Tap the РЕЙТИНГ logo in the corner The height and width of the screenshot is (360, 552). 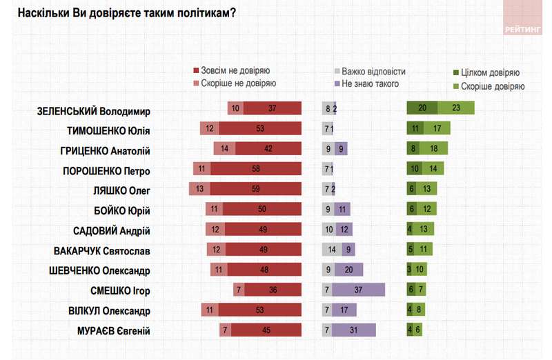[x=522, y=29]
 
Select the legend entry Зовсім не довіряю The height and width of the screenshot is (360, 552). [x=235, y=71]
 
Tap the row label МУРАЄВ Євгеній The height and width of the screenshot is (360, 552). [x=108, y=330]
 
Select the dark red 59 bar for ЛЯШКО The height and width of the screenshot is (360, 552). [x=256, y=189]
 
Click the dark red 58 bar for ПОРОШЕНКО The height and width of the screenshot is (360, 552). [x=256, y=169]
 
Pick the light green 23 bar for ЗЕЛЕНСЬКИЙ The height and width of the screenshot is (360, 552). [x=457, y=108]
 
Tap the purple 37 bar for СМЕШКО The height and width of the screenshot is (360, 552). [x=359, y=290]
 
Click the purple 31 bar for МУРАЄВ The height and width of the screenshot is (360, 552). [x=354, y=330]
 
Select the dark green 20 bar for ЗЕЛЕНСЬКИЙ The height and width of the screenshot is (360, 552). [x=422, y=108]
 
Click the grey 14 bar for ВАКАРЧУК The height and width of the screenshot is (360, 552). [x=332, y=250]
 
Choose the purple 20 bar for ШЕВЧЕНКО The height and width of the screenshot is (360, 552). [x=348, y=270]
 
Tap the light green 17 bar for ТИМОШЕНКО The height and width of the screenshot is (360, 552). [x=437, y=129]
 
